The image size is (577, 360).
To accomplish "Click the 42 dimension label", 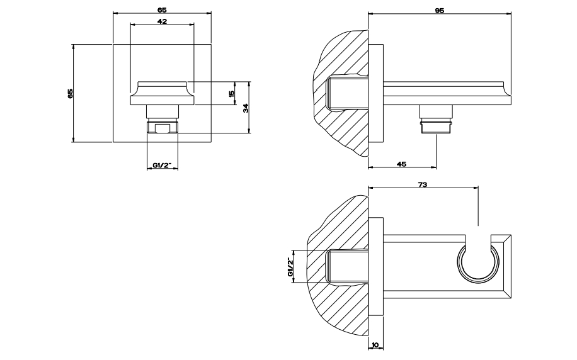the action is tap(163, 21).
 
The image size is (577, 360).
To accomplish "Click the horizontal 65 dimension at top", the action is tap(163, 10).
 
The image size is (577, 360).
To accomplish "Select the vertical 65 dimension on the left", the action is tap(71, 93).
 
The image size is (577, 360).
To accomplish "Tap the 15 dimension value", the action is tap(231, 94).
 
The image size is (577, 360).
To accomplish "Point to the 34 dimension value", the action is tap(246, 108).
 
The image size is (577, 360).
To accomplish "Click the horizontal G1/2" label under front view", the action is tap(163, 165).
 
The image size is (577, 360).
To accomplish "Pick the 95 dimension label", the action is tap(440, 10).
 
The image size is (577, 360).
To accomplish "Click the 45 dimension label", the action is tap(402, 164).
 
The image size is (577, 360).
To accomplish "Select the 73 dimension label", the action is tap(423, 184).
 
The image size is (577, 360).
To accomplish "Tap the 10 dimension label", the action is tap(375, 345).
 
